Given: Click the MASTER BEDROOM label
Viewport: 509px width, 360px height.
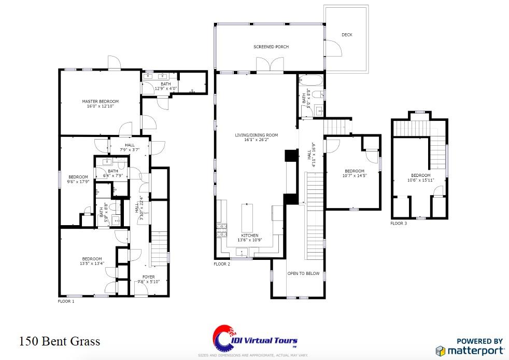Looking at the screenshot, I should click(x=100, y=101).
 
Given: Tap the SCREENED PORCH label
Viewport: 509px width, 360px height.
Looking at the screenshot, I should click(x=271, y=47).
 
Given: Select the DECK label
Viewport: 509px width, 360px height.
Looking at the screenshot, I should click(x=347, y=35).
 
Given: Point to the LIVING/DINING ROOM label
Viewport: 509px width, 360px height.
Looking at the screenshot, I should click(x=256, y=135).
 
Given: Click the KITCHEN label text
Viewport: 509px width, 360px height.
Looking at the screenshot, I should click(x=249, y=236).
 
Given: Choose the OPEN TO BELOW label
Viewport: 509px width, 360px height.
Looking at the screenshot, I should click(x=303, y=273).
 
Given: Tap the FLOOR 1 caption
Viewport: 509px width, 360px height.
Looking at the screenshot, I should click(x=66, y=301).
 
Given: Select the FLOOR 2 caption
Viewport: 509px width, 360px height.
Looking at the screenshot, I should click(x=222, y=264).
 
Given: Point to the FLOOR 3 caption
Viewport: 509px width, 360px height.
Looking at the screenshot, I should click(x=399, y=223).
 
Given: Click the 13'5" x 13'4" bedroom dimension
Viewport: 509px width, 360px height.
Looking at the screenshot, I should click(x=91, y=264).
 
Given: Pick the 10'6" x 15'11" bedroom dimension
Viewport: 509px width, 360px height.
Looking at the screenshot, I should click(x=420, y=181).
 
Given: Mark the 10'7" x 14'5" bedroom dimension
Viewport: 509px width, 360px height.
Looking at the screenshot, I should click(x=355, y=176).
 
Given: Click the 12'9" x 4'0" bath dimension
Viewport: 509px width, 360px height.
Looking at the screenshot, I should click(x=165, y=89).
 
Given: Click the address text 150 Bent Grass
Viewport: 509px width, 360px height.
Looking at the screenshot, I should click(x=60, y=341).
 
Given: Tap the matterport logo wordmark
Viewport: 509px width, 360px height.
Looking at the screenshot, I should click(x=475, y=350).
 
